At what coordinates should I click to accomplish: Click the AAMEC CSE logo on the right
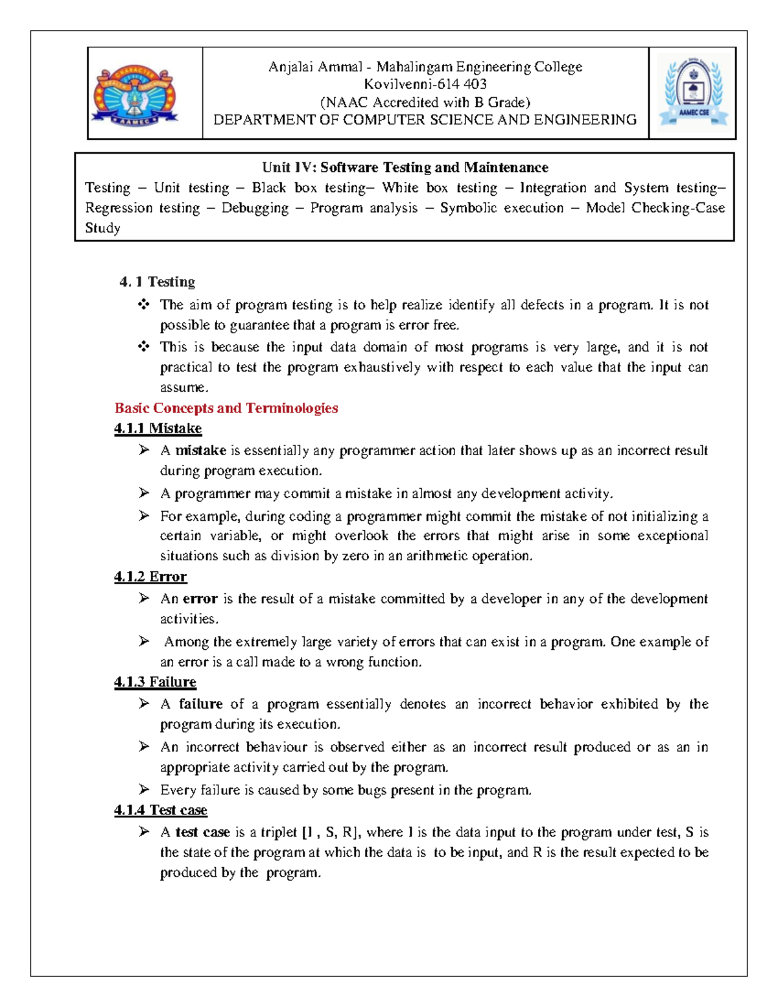[x=693, y=93]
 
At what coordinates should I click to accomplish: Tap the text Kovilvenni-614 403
[x=425, y=84]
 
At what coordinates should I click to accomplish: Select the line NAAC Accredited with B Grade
[x=425, y=102]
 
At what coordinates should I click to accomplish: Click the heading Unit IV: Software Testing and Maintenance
[x=405, y=167]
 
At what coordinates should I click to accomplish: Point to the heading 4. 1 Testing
[x=157, y=281]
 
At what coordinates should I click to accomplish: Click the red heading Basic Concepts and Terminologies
[x=226, y=408]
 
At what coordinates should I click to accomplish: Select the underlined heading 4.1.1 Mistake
[x=158, y=429]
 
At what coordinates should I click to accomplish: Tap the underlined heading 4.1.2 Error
[x=150, y=576]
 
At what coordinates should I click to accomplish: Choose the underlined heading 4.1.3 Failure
[x=155, y=682]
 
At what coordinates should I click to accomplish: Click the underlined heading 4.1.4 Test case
[x=160, y=811]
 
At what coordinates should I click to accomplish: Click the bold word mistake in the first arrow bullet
[x=200, y=451]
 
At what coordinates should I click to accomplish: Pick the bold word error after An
[x=200, y=599]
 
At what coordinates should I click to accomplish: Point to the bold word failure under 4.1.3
[x=200, y=704]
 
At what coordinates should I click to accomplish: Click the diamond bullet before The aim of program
[x=144, y=304]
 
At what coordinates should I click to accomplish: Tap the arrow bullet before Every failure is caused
[x=144, y=789]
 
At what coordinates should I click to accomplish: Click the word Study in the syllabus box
[x=102, y=228]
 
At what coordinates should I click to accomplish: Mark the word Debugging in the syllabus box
[x=255, y=208]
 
